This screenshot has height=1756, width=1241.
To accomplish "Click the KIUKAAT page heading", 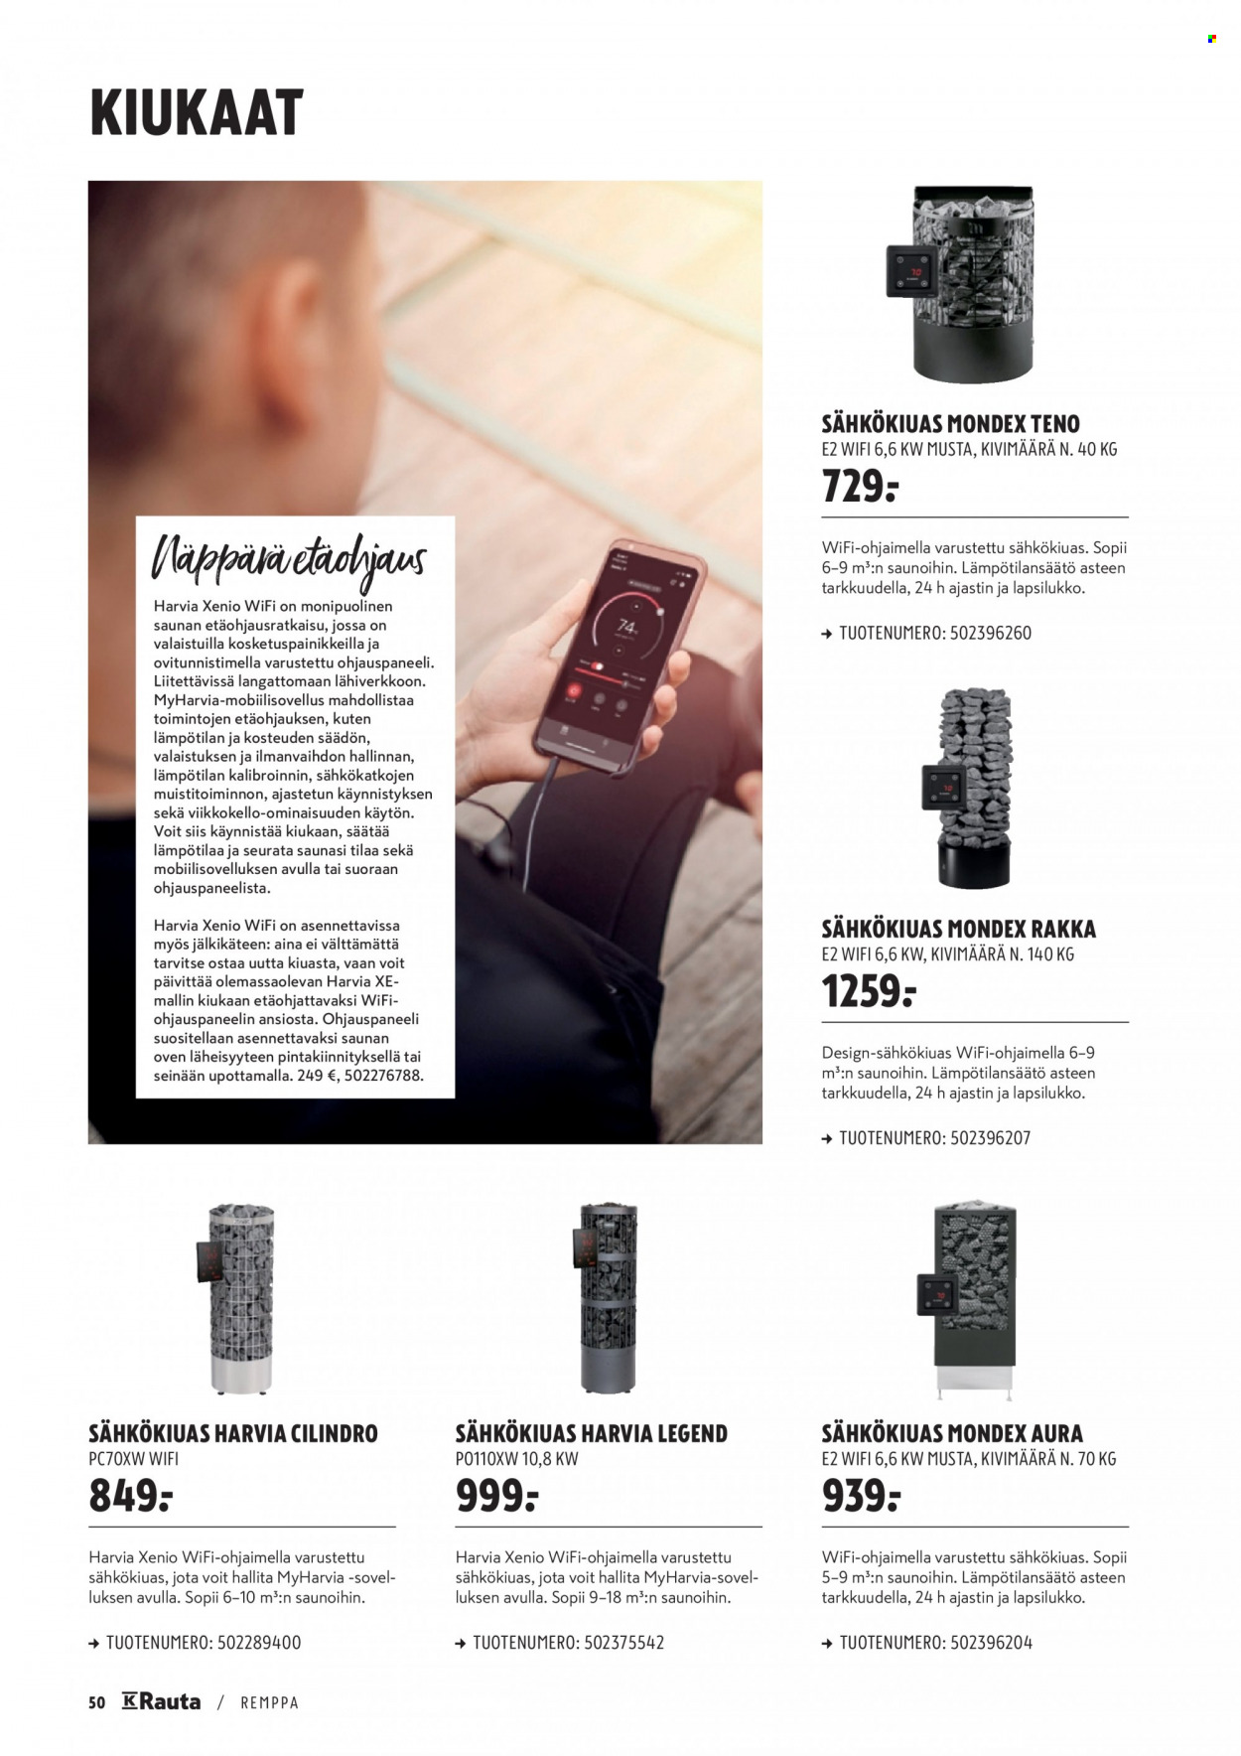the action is coord(197,112).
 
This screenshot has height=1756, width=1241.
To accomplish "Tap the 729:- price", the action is coord(860,487).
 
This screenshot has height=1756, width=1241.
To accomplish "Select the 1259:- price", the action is coord(869,991).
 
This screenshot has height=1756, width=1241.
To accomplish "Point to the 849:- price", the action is coord(131,1496).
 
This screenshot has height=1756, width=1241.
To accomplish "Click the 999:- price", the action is coord(496,1496).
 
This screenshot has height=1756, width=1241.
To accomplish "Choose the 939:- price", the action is coord(861,1496).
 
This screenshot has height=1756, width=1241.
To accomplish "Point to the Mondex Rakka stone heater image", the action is coord(970,787).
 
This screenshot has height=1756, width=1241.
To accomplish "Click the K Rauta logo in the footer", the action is coord(161,1701).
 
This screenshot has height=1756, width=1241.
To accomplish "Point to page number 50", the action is coord(96,1702).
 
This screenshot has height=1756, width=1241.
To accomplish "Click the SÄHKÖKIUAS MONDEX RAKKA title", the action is coord(959,930).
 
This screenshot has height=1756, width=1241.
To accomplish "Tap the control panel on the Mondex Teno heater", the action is coord(913,270).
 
